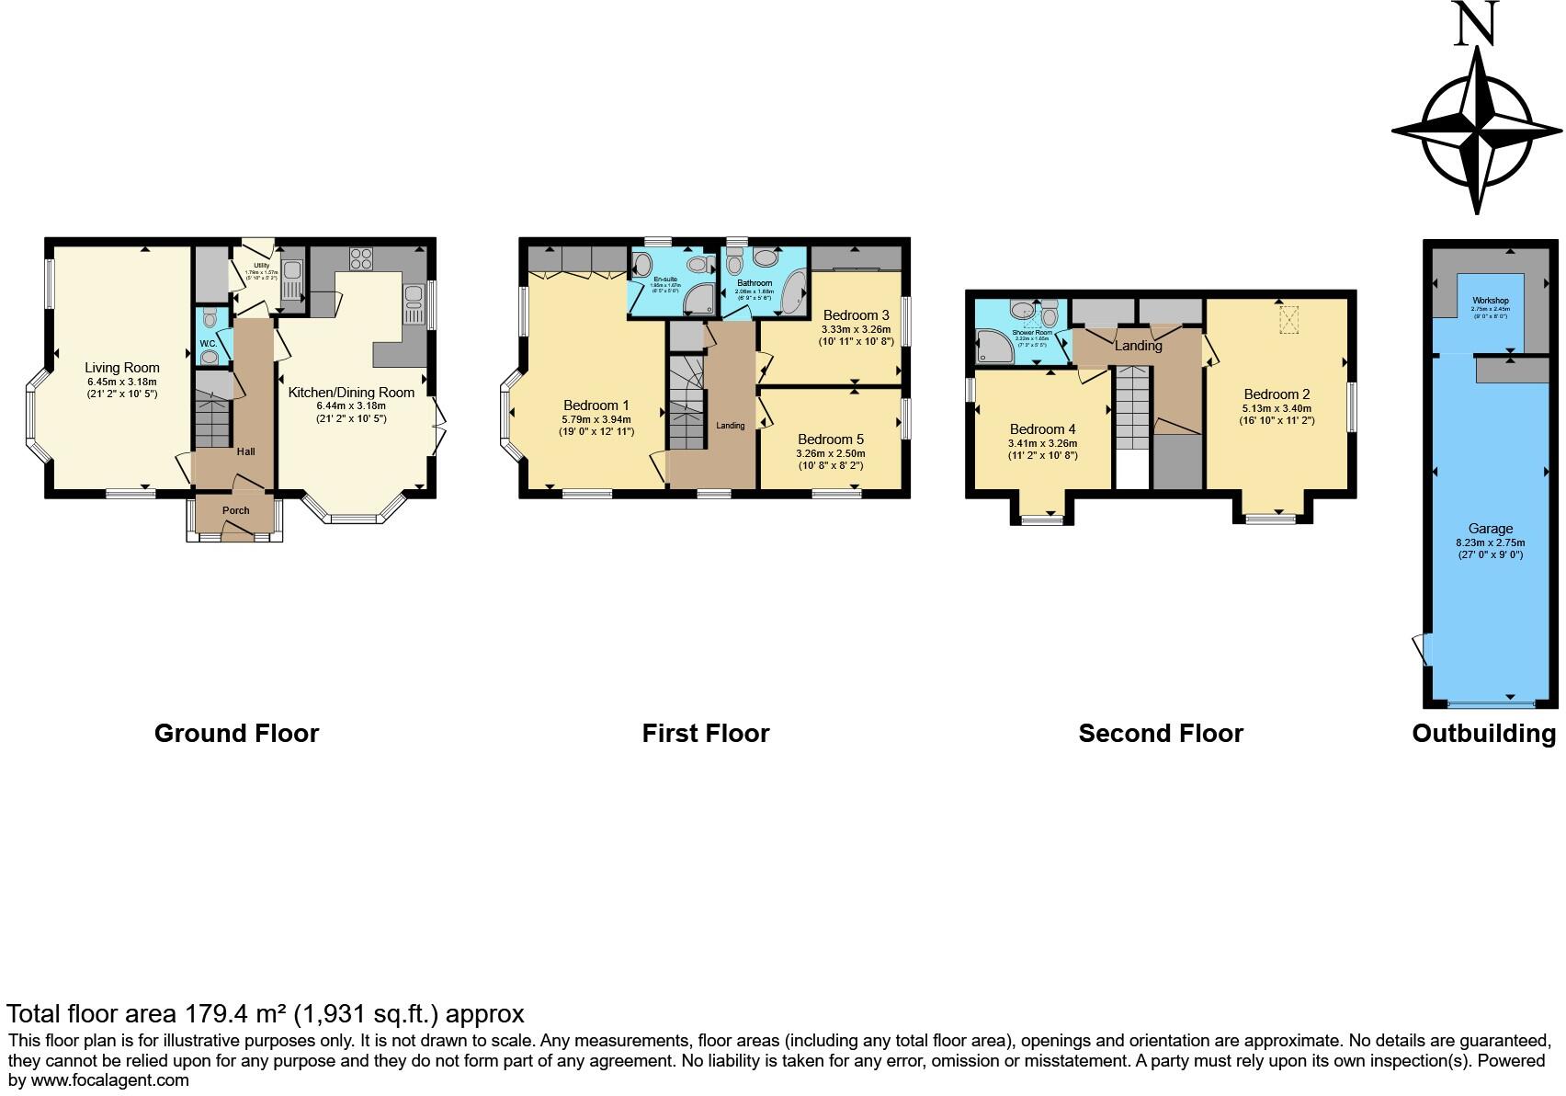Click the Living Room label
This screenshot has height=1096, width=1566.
pyautogui.click(x=122, y=368)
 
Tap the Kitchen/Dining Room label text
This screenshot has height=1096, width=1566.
pyautogui.click(x=351, y=393)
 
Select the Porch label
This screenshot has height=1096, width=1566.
pyautogui.click(x=235, y=511)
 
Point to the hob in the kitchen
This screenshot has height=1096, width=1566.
pyautogui.click(x=359, y=257)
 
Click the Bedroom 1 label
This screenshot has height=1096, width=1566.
pyautogui.click(x=596, y=405)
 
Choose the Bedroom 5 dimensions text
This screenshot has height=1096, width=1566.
pyautogui.click(x=830, y=459)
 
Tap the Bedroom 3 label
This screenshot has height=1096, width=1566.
pyautogui.click(x=856, y=315)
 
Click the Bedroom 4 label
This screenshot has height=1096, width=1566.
pyautogui.click(x=1042, y=429)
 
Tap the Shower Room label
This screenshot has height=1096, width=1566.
pyautogui.click(x=1032, y=333)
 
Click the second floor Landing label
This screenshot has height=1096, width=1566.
pyautogui.click(x=1138, y=347)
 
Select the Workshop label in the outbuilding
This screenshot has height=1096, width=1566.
pyautogui.click(x=1490, y=301)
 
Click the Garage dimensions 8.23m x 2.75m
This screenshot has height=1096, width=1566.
pyautogui.click(x=1490, y=542)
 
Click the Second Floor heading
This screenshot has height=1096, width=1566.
pyautogui.click(x=1160, y=734)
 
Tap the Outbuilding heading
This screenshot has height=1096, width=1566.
pyautogui.click(x=1483, y=734)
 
